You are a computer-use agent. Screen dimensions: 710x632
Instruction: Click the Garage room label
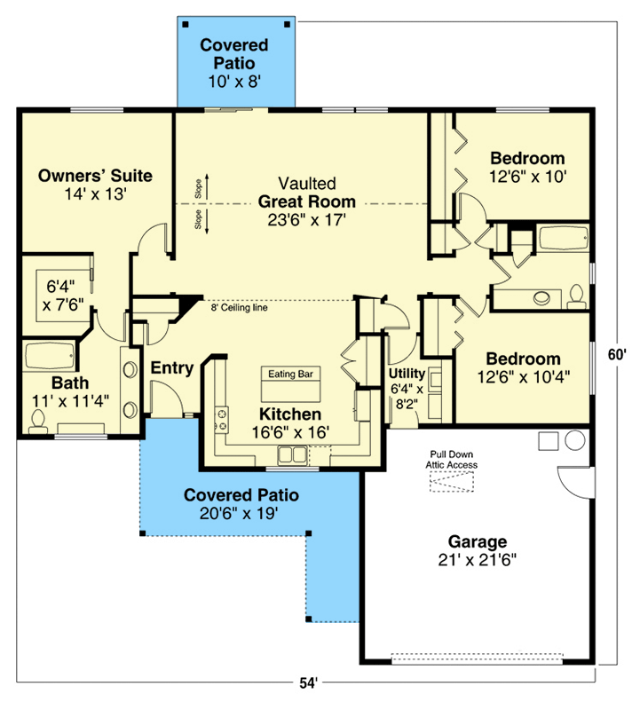pos(476,540)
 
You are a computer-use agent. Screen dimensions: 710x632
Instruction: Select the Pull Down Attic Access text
pos(454,458)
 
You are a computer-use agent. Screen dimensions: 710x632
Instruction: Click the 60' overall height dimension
pos(617,353)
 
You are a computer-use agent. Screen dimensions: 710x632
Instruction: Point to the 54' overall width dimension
pos(307,682)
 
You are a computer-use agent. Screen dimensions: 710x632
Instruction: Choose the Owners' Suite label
pos(95,176)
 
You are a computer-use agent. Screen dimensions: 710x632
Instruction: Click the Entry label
pos(171,367)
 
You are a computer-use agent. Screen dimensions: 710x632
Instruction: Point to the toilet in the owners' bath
pos(37,428)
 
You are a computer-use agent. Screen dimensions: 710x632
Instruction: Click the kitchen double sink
pos(291,456)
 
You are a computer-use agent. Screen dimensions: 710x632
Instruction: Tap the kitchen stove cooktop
pos(220,420)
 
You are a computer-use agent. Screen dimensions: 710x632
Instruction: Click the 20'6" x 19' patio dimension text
pos(241,512)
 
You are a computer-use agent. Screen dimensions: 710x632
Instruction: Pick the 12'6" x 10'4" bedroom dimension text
pos(523,376)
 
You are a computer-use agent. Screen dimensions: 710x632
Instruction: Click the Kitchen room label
pos(289,414)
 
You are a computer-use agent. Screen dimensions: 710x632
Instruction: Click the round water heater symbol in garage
pos(573,440)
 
